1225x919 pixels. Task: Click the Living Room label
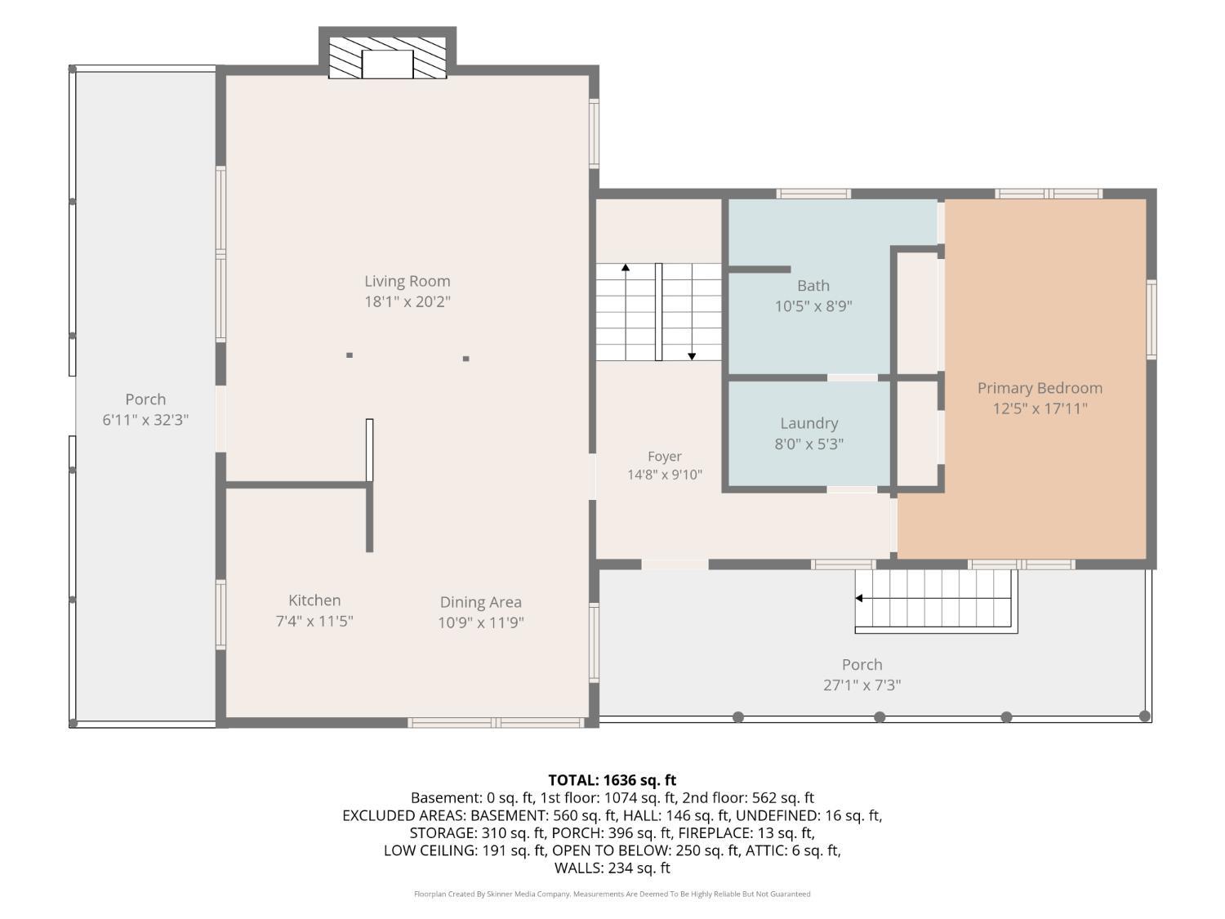click(408, 281)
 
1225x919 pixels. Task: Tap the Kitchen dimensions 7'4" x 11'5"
click(314, 621)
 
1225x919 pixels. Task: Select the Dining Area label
click(480, 602)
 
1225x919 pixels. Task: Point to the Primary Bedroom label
click(1040, 388)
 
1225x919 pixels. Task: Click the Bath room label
click(813, 286)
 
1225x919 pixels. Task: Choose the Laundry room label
click(809, 423)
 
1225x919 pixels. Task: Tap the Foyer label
click(665, 457)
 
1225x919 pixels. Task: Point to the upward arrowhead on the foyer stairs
click(626, 268)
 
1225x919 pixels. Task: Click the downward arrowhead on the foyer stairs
click(692, 356)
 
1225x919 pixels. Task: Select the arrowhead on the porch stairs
click(859, 598)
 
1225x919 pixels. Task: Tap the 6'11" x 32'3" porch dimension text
click(145, 420)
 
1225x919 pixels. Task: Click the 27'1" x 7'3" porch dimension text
click(862, 685)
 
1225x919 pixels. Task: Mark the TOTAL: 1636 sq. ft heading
click(612, 780)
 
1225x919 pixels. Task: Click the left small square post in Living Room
click(350, 355)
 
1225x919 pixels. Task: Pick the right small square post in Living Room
click(466, 359)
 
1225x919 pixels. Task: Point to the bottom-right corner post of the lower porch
click(1145, 716)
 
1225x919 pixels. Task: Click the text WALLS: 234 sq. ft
click(612, 868)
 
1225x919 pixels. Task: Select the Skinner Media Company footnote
click(612, 894)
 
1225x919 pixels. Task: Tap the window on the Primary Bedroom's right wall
click(1151, 319)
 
